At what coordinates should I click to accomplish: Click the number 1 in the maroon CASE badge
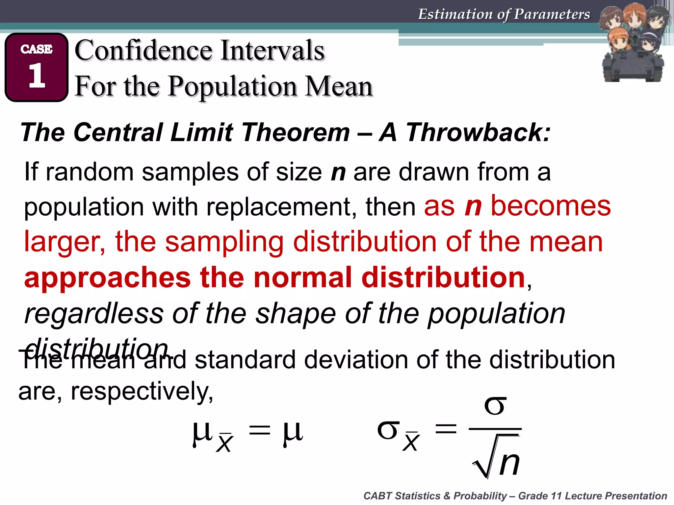coord(37,76)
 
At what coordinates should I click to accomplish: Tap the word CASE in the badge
coord(37,49)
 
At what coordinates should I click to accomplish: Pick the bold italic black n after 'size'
coord(338,172)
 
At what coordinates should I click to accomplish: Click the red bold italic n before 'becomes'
coord(473,206)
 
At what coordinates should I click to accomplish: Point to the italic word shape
coord(296,314)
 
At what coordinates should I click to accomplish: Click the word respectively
coord(142,391)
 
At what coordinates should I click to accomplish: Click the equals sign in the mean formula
coord(260,431)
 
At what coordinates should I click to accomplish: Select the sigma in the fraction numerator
coord(495,406)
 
